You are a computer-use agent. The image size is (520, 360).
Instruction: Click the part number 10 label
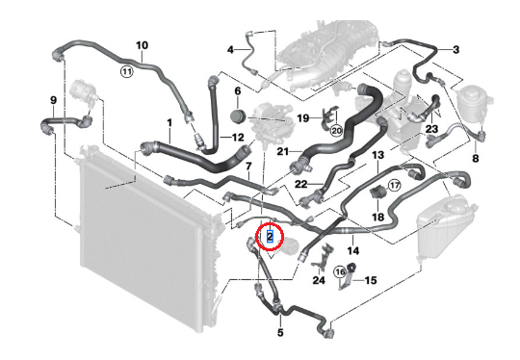point(142,45)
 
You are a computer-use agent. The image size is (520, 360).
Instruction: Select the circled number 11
point(127,70)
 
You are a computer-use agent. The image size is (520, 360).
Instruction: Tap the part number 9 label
point(53,99)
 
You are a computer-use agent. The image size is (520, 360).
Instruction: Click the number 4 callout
point(231,49)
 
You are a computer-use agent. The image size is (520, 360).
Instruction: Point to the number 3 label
point(455,49)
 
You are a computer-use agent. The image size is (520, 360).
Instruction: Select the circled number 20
point(336,129)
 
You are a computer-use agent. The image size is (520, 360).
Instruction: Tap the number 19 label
point(302,118)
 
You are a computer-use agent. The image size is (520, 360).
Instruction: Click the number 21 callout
point(283,151)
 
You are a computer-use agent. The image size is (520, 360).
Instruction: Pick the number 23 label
point(431,129)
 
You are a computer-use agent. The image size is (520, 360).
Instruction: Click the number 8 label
point(475,158)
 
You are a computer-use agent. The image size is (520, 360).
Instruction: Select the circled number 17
point(394,185)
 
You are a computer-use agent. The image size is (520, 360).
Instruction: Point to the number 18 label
point(377,218)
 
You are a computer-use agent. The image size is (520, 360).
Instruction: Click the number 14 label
point(353,250)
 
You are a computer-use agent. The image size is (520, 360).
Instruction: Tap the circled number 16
point(340,272)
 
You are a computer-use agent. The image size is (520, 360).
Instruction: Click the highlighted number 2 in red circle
point(271,234)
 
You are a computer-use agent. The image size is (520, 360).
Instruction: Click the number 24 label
point(319,281)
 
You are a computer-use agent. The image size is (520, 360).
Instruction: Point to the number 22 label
point(300,184)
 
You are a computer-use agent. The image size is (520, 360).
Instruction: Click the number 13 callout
point(378,155)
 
